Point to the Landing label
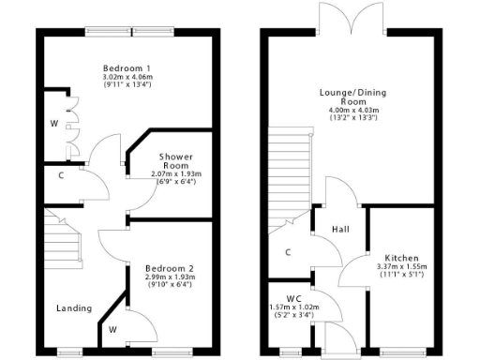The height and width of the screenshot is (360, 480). tap(73, 307)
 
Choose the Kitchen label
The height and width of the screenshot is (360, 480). tap(401, 258)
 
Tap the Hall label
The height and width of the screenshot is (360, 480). tap(341, 228)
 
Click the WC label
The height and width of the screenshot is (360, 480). tap(294, 298)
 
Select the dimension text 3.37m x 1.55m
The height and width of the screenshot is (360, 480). tap(401, 267)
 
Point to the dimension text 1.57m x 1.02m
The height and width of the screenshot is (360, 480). tap(294, 307)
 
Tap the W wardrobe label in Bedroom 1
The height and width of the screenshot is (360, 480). tap(54, 122)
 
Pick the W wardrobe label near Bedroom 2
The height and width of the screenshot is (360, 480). tap(112, 329)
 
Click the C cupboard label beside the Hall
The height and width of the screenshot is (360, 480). tap(288, 251)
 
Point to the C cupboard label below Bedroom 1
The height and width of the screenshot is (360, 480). tap(61, 174)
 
